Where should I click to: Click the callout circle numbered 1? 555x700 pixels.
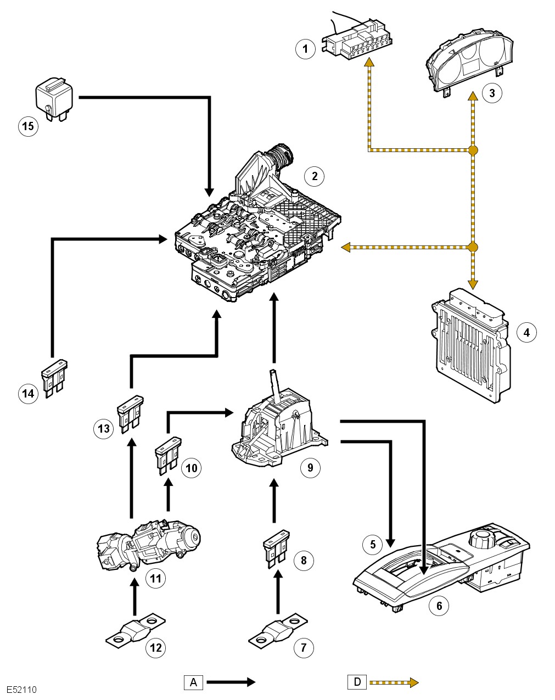pyautogui.click(x=305, y=49)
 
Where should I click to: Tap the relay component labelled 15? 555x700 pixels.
pyautogui.click(x=54, y=98)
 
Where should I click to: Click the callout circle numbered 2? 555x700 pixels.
pyautogui.click(x=314, y=176)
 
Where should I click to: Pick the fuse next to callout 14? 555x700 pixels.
pyautogui.click(x=54, y=378)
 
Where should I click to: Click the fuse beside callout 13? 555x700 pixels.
pyautogui.click(x=130, y=414)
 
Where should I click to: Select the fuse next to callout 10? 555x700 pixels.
pyautogui.click(x=167, y=454)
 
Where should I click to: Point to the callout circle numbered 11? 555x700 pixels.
pyautogui.click(x=156, y=578)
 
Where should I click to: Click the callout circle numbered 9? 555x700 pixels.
pyautogui.click(x=310, y=467)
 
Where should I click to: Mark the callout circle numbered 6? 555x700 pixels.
pyautogui.click(x=439, y=606)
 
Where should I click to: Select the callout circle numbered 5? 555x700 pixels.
pyautogui.click(x=373, y=544)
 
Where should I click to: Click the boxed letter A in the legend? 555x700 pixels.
pyautogui.click(x=193, y=682)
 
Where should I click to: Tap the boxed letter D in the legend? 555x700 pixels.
pyautogui.click(x=357, y=682)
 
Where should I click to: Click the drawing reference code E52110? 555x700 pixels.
pyautogui.click(x=21, y=690)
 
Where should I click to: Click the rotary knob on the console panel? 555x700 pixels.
pyautogui.click(x=483, y=537)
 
